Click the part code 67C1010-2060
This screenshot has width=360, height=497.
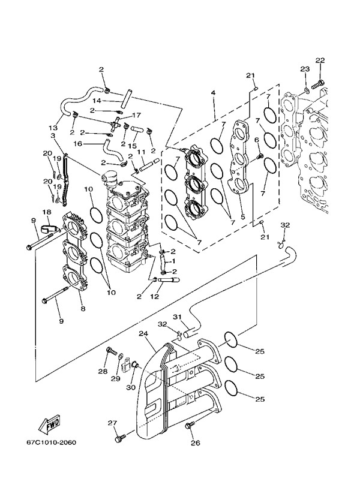click(x=51, y=444)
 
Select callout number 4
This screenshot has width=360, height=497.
click(x=213, y=94)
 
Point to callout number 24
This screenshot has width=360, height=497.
click(x=143, y=333)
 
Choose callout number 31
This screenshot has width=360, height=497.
click(x=177, y=317)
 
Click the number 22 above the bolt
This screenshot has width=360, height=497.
click(x=320, y=60)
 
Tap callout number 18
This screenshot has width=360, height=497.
click(x=46, y=212)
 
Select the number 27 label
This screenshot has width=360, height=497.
click(x=112, y=423)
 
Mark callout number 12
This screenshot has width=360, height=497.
click(x=154, y=296)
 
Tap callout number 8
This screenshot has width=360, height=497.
click(x=82, y=308)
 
